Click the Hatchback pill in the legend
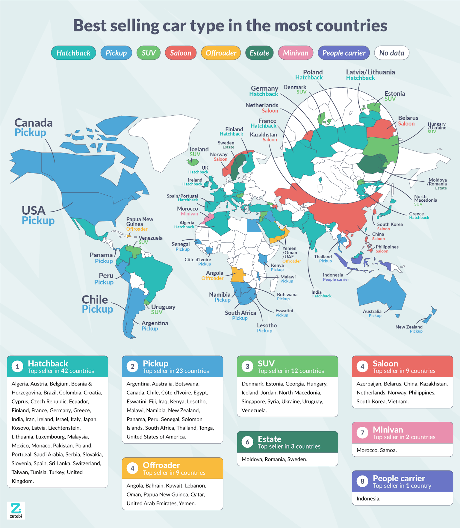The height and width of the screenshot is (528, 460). coord(73,53)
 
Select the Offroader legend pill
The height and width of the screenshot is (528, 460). coord(221,53)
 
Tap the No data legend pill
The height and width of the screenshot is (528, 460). coord(391,53)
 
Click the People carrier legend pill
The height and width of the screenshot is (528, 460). coord(344,53)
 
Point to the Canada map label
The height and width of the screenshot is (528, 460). coord(33,123)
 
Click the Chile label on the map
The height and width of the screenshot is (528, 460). coord(95,300)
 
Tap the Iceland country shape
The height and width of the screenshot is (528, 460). coord(193,162)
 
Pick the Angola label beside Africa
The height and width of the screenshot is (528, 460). coord(214,273)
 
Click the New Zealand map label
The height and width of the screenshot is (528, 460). coord(409,327)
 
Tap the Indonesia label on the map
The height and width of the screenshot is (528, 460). coord(333,275)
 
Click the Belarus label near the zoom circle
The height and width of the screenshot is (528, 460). coord(408,118)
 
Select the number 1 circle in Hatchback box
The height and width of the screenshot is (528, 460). coord(17,366)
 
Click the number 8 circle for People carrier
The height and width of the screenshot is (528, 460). coord(362,481)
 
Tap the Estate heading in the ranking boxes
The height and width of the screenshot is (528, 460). coord(270,439)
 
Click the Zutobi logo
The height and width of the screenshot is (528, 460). coord(16,510)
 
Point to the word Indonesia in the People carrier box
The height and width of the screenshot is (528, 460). coord(368,499)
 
